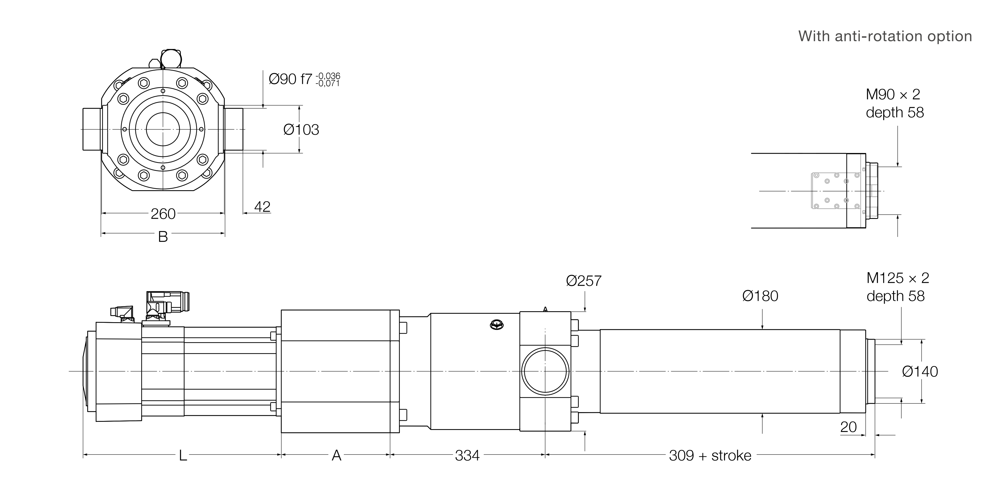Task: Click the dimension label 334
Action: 467,455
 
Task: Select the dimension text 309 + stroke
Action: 710,455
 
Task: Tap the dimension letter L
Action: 183,455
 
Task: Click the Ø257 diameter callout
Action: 584,281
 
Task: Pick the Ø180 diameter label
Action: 760,296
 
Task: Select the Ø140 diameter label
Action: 920,371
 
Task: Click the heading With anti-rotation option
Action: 885,36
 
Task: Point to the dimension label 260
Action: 163,214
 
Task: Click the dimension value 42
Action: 262,207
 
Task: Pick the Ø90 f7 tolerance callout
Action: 304,79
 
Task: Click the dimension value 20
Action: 848,427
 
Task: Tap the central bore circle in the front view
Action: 163,129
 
